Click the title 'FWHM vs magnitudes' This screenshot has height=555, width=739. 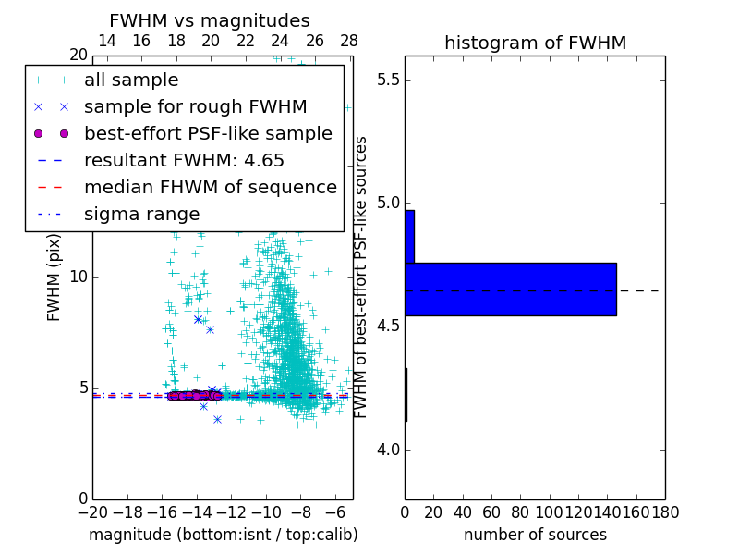coord(209,20)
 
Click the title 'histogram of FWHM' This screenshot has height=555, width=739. coord(535,43)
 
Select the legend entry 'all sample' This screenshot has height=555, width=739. coord(131,80)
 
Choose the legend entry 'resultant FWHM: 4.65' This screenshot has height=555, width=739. coord(184,161)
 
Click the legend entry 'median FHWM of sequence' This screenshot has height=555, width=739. coord(210,188)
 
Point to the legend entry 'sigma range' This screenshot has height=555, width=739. coord(141,215)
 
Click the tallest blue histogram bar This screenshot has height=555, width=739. coord(510,290)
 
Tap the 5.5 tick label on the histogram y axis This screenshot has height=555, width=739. coord(387,80)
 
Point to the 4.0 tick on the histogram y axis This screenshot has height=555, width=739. coord(387,450)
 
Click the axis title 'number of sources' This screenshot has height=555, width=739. coord(535,535)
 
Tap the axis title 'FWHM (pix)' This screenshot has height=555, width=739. coord(55,277)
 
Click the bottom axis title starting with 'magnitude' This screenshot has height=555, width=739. coord(223,535)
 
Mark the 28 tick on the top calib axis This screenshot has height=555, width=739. coord(349,41)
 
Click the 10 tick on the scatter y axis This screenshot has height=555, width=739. coord(79,277)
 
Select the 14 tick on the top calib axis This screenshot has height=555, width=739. coord(106,41)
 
